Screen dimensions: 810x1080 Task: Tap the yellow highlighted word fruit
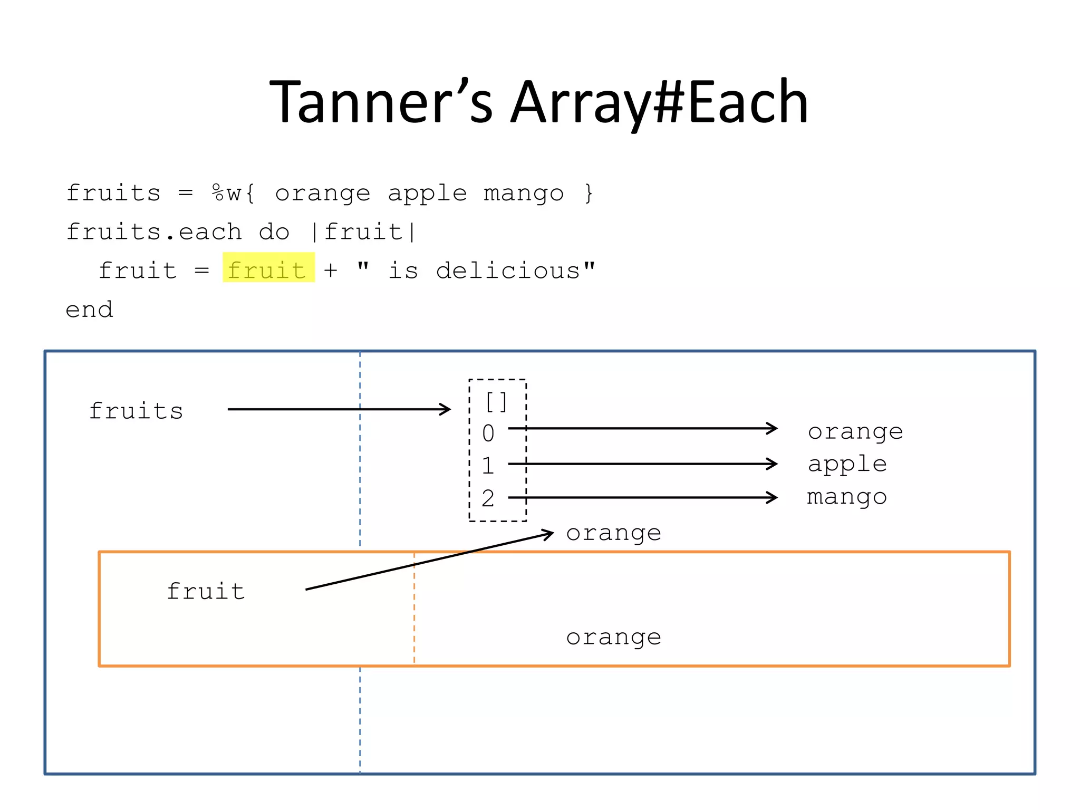click(x=267, y=270)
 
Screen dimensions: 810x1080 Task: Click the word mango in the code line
click(x=523, y=193)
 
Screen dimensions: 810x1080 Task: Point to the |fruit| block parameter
click(x=363, y=232)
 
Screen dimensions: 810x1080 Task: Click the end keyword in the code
click(x=89, y=310)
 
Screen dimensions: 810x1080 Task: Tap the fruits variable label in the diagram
click(x=136, y=411)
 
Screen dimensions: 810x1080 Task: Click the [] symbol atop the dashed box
click(x=496, y=402)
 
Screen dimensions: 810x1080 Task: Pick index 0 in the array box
click(x=488, y=433)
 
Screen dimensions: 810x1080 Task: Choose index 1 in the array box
click(x=488, y=466)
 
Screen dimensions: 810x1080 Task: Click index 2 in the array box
click(x=488, y=498)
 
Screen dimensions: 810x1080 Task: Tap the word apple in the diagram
click(x=847, y=464)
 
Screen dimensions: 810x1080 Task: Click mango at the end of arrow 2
click(x=847, y=497)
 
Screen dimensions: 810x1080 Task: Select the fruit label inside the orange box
click(x=206, y=591)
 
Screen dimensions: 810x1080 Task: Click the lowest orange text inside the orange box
click(x=613, y=638)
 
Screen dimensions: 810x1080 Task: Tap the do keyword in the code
click(x=274, y=232)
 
